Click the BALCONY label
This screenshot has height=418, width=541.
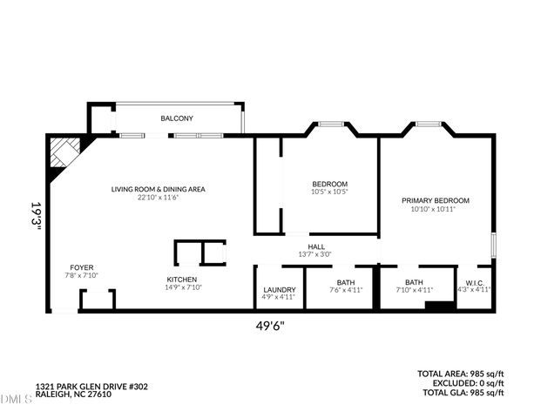176,118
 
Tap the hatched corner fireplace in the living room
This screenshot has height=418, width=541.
64,153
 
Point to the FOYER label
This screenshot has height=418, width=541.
83,267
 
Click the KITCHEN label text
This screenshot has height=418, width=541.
183,280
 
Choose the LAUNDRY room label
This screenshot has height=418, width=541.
279,289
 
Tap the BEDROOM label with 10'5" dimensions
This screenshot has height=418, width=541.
330,184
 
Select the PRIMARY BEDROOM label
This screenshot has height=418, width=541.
435,200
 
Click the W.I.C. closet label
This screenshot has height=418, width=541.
474,282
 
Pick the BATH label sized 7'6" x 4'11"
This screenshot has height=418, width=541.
345,282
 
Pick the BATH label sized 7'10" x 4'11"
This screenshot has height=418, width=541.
413,282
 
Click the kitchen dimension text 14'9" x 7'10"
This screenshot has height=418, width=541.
183,288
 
